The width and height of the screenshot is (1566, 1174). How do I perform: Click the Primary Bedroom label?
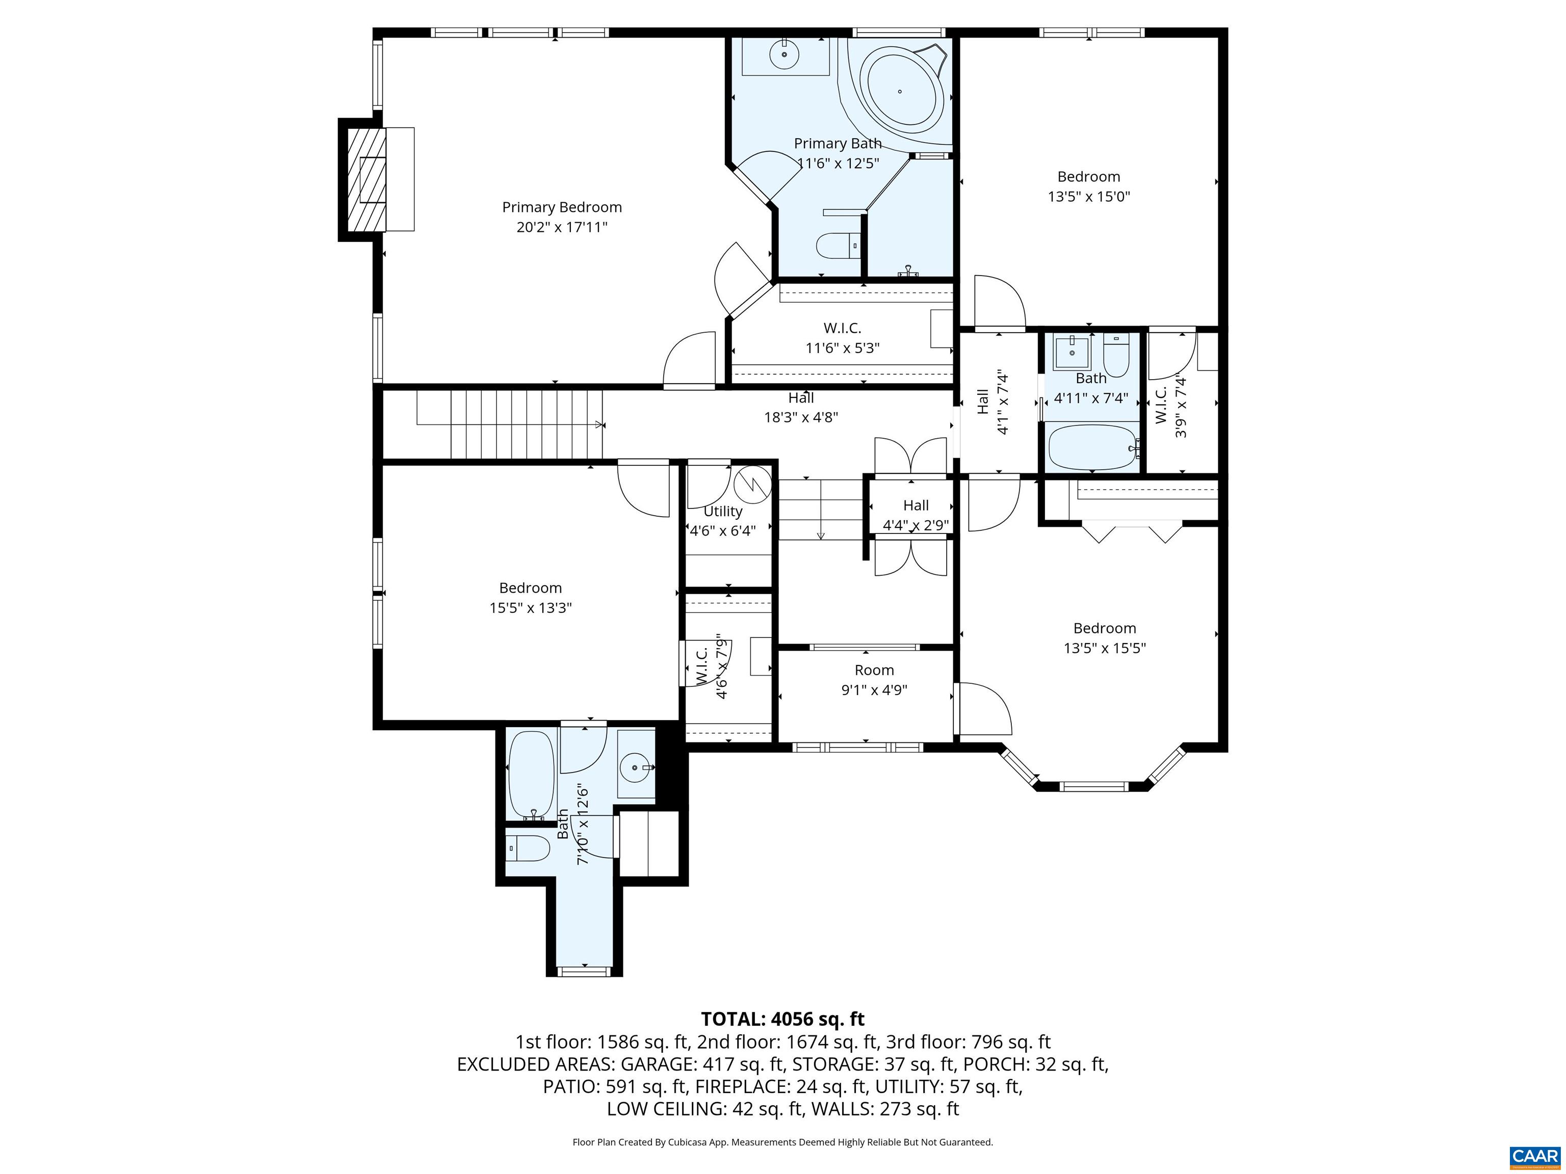click(561, 207)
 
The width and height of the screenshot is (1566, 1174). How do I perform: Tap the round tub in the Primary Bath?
click(901, 91)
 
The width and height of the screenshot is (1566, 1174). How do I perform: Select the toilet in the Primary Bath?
click(837, 246)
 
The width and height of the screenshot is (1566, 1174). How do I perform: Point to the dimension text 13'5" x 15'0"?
click(1088, 197)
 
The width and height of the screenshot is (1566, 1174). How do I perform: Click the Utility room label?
click(723, 511)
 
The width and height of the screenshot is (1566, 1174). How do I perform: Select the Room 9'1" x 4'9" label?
click(874, 679)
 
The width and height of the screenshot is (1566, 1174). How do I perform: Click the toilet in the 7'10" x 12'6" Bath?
click(529, 848)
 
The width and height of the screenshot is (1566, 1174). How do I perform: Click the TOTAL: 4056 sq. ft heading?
click(782, 1019)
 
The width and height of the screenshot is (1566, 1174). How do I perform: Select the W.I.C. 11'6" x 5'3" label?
click(842, 337)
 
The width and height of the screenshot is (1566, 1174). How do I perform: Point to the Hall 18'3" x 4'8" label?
click(801, 407)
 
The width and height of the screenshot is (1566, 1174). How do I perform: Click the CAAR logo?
click(1535, 1156)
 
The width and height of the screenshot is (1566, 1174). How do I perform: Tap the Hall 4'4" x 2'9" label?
click(916, 515)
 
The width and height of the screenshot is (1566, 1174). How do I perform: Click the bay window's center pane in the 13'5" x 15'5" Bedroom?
click(1093, 786)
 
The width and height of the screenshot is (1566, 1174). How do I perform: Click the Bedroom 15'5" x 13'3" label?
click(530, 597)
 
